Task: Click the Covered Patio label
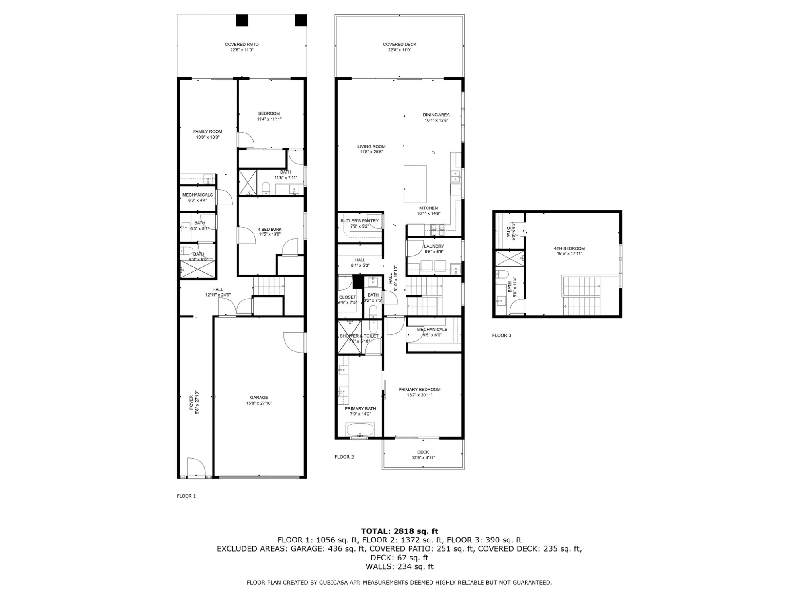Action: pos(242,45)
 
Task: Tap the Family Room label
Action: pos(208,132)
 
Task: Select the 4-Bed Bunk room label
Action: pos(270,230)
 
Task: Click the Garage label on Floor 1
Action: pos(259,398)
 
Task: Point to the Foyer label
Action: pos(191,402)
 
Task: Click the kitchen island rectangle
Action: pos(415,184)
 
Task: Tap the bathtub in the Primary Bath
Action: pos(360,430)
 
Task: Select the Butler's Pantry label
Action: pos(359,221)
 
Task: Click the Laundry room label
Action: pos(434,246)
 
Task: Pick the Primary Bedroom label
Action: pos(420,390)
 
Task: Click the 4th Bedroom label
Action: pos(569,249)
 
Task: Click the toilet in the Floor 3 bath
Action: pos(503,274)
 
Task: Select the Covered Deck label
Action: pos(400,45)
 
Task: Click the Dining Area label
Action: pos(436,115)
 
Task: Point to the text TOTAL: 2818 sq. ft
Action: pos(399,531)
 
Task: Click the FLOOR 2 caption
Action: pos(344,457)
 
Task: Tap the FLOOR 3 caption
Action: pos(502,336)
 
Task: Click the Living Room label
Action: pos(371,147)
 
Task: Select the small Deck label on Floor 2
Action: pos(423,452)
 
